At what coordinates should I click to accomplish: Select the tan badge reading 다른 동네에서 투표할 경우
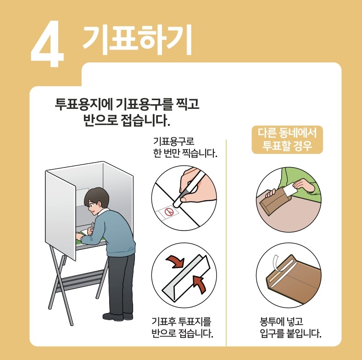pyautogui.click(x=288, y=140)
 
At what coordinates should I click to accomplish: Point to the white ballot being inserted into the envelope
pyautogui.click(x=290, y=189)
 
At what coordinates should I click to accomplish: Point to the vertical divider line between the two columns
pyautogui.click(x=227, y=239)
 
